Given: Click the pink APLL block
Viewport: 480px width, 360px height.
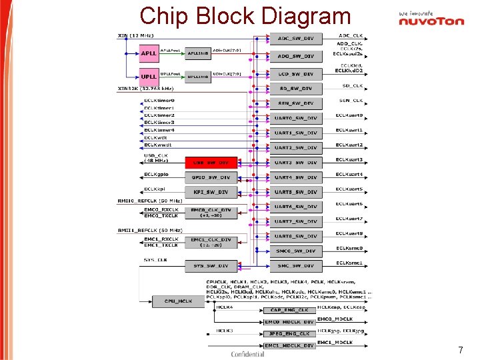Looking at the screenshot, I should click(149, 52).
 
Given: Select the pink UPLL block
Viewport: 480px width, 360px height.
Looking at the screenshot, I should click(149, 75).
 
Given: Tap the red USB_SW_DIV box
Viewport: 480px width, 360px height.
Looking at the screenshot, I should click(210, 162).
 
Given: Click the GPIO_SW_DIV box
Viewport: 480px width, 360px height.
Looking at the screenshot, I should click(210, 177).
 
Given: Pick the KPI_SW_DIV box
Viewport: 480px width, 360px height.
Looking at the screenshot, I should click(210, 192).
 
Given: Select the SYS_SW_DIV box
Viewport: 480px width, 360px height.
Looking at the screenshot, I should click(210, 265).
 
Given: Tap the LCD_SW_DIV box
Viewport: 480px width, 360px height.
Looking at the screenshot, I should click(295, 74).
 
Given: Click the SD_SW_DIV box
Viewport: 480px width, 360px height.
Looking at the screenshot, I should click(295, 89).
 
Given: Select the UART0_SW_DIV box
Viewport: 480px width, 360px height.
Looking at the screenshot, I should click(295, 118).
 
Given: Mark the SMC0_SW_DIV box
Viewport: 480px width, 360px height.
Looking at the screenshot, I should click(295, 251).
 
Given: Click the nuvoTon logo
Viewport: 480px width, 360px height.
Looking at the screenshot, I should click(431, 19).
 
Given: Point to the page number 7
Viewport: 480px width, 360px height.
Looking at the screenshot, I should click(460, 349).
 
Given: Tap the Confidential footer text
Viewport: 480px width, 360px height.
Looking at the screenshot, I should click(247, 353).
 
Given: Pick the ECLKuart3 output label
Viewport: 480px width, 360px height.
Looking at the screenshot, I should click(349, 160).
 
